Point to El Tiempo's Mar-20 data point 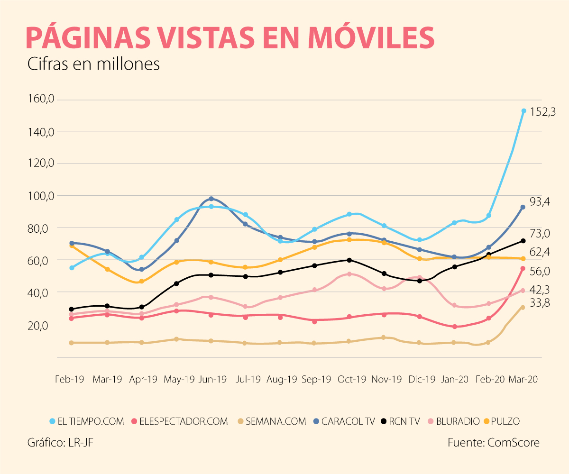pyautogui.click(x=523, y=111)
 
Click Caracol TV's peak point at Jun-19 pyautogui.click(x=211, y=199)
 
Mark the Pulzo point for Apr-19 pyautogui.click(x=141, y=281)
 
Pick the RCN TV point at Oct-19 pyautogui.click(x=349, y=260)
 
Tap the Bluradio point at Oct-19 pyautogui.click(x=349, y=274)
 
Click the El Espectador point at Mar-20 pyautogui.click(x=523, y=269)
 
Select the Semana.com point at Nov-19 pyautogui.click(x=384, y=337)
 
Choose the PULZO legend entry pyautogui.click(x=502, y=421)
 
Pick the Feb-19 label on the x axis pyautogui.click(x=70, y=379)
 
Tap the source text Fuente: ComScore pyautogui.click(x=493, y=443)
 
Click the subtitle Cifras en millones pyautogui.click(x=93, y=64)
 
